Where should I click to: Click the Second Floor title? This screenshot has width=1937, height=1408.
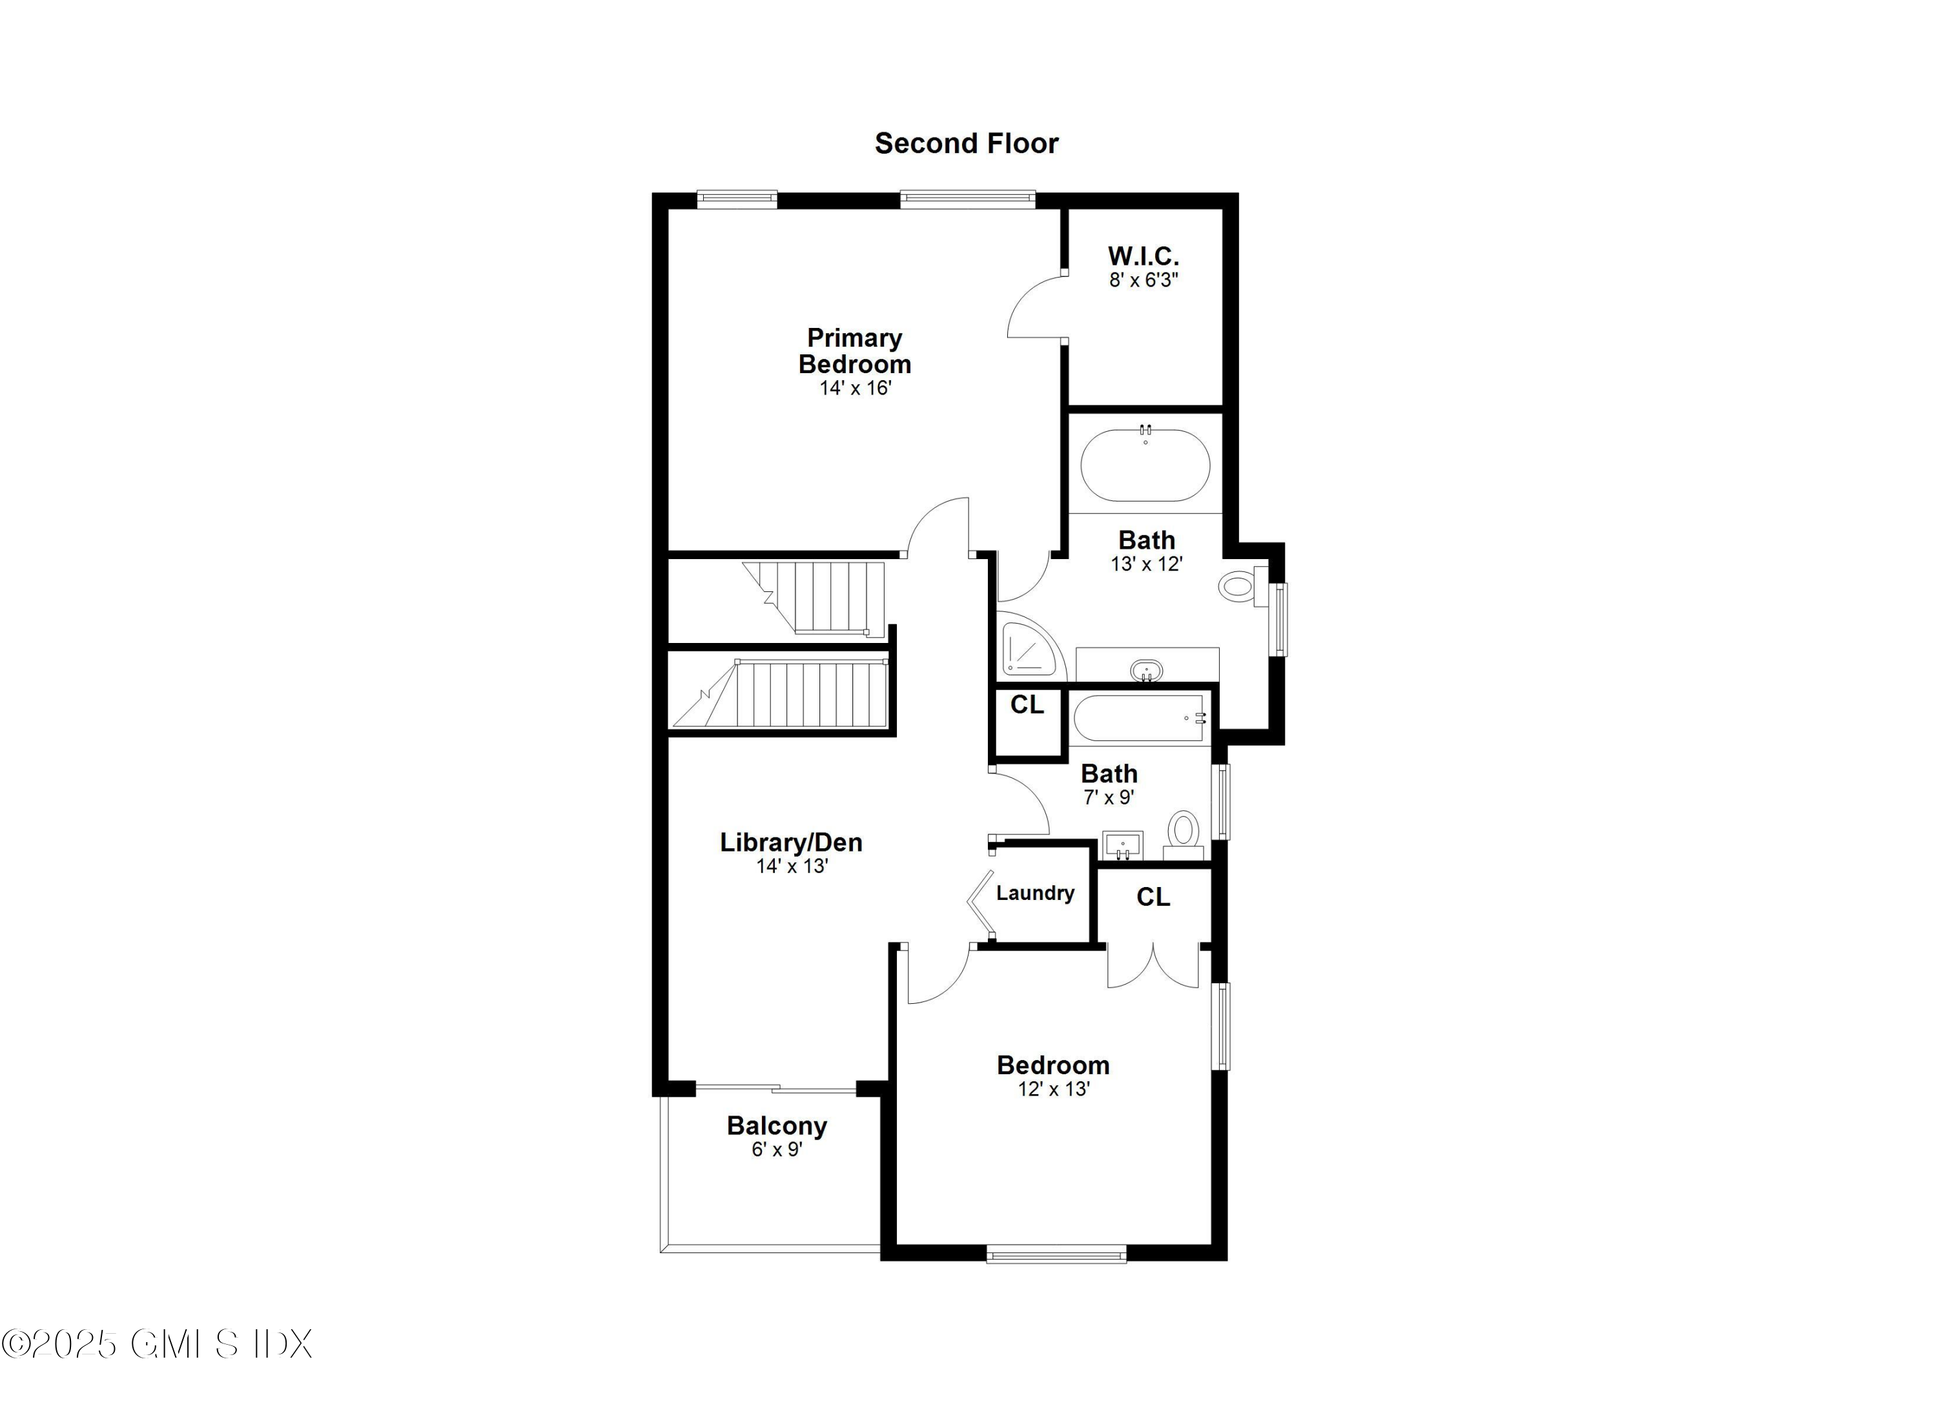point(966,143)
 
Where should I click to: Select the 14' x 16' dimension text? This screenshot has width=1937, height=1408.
point(855,389)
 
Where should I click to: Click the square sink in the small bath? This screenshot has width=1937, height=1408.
point(1122,845)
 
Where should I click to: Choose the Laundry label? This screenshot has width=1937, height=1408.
point(1035,893)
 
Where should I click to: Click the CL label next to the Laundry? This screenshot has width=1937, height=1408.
point(1153,897)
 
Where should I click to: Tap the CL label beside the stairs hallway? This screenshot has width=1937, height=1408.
point(1027,704)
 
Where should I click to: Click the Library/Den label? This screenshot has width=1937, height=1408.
point(791,842)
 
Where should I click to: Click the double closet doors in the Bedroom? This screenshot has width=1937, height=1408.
point(1153,968)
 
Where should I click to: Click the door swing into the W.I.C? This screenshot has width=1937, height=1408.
point(1035,307)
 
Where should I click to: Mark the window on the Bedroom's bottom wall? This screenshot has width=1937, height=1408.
point(1056,1254)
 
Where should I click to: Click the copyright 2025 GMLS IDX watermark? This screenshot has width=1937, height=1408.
point(157,1344)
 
